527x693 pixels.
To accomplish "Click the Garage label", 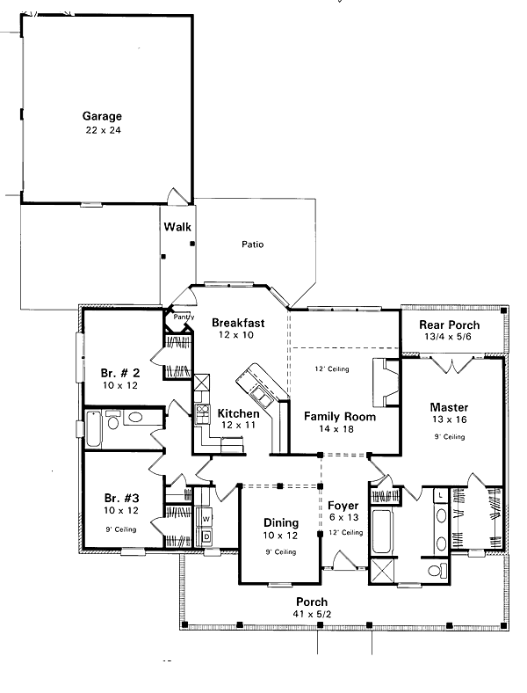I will [102, 116].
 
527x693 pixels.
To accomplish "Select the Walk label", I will [177, 227].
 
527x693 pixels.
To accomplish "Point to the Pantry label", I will [182, 317].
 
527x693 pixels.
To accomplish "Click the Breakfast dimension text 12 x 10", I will [237, 335].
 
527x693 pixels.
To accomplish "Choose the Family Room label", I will [340, 417].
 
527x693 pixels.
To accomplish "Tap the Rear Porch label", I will [450, 325].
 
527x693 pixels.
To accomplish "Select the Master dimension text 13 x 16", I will [448, 420].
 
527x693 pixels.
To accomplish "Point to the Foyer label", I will [343, 507].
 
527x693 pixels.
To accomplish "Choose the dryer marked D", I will [206, 536].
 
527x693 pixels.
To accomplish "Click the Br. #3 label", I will [120, 498].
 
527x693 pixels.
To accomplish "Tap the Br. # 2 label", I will [119, 372].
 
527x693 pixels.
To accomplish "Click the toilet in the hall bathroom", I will [136, 419].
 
